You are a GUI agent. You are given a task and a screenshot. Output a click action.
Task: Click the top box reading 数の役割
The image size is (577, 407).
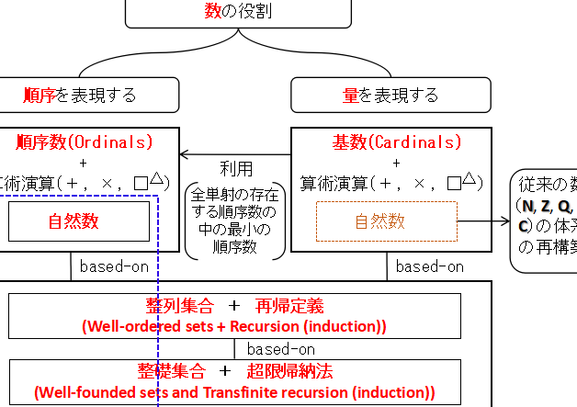pyautogui.click(x=238, y=13)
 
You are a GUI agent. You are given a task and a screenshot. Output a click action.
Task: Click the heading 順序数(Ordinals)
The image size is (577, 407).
pyautogui.click(x=85, y=142)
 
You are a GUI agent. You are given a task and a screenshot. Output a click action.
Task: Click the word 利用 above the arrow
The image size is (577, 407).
pyautogui.click(x=236, y=169)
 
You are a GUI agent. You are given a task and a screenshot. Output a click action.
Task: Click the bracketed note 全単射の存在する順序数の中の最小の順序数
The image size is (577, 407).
pyautogui.click(x=235, y=221)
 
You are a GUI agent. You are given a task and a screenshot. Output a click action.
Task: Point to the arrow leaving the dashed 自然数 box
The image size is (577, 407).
pyautogui.click(x=482, y=221)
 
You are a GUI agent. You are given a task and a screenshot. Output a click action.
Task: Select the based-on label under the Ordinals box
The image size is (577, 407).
pyautogui.click(x=110, y=267)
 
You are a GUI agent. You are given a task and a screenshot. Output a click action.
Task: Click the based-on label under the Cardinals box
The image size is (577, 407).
pyautogui.click(x=427, y=267)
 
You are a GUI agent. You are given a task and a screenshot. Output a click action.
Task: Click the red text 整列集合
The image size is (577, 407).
pyautogui.click(x=178, y=306)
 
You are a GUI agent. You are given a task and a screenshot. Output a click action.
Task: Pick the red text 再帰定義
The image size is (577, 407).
pyautogui.click(x=289, y=306)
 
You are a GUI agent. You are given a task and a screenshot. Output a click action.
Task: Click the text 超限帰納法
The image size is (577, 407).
pyautogui.click(x=289, y=372)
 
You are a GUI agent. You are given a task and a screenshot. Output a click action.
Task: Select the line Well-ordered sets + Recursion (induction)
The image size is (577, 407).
pyautogui.click(x=234, y=326)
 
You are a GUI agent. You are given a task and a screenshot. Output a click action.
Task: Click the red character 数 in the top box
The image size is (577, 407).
pyautogui.click(x=213, y=12)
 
